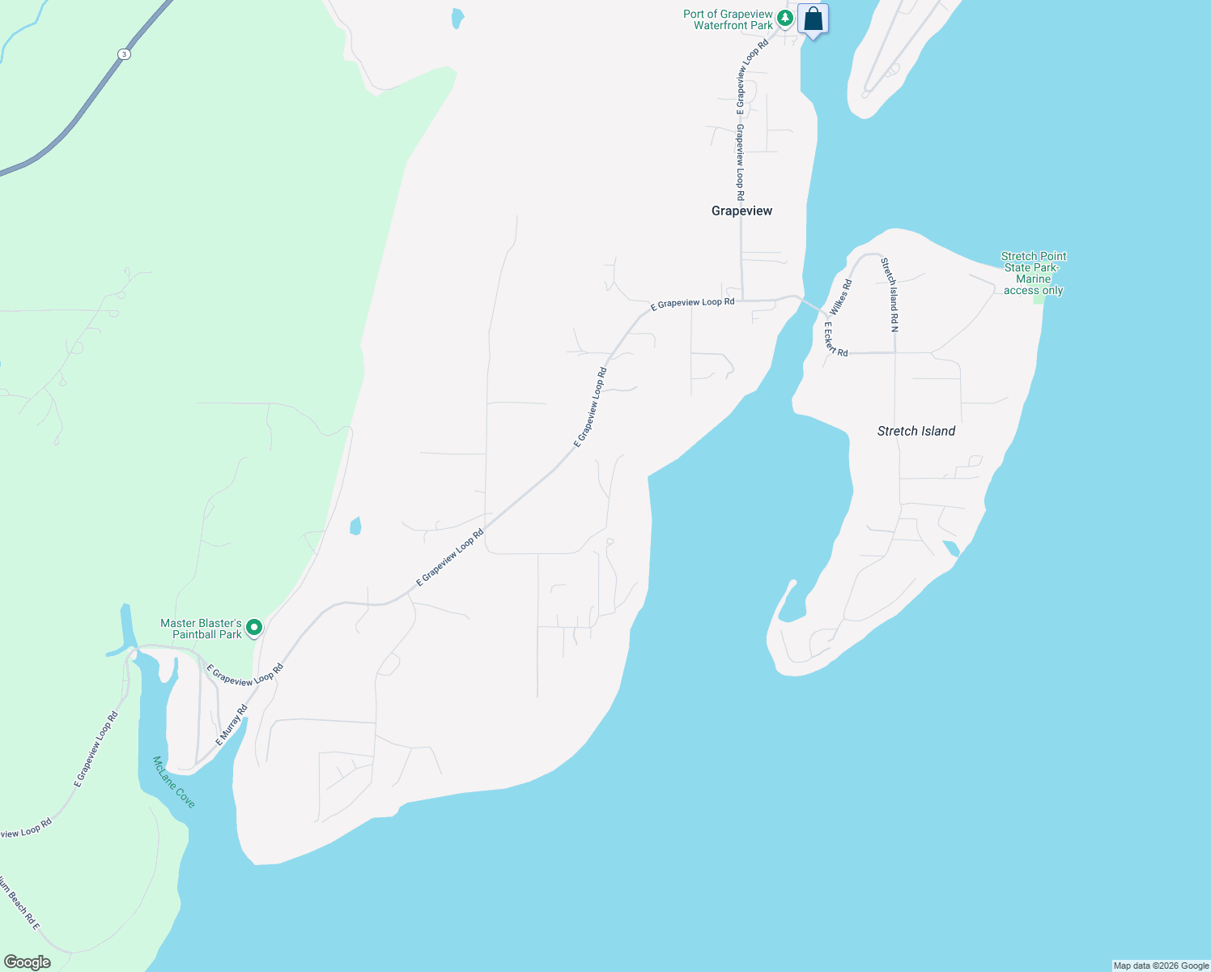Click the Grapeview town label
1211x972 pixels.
tap(741, 211)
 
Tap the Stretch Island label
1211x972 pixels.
tap(916, 431)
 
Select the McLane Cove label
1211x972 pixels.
tap(174, 782)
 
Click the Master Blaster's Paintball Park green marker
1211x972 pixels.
tap(254, 627)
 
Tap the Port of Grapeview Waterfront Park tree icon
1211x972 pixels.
tap(784, 17)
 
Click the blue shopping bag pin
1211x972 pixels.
tap(813, 19)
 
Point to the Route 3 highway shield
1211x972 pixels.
tap(123, 54)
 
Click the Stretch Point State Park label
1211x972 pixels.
tap(1034, 273)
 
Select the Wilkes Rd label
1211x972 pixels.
tap(841, 297)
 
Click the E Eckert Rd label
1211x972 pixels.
tap(835, 340)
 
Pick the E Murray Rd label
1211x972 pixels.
tap(232, 726)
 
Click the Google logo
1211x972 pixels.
tap(27, 962)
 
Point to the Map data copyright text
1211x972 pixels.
tap(1161, 966)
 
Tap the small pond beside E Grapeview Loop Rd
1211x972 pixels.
tap(355, 526)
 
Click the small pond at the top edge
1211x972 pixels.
tap(458, 18)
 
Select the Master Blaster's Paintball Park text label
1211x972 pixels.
tap(201, 629)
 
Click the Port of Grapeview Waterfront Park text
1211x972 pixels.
tap(728, 19)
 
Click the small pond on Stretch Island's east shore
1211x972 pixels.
tap(951, 548)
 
